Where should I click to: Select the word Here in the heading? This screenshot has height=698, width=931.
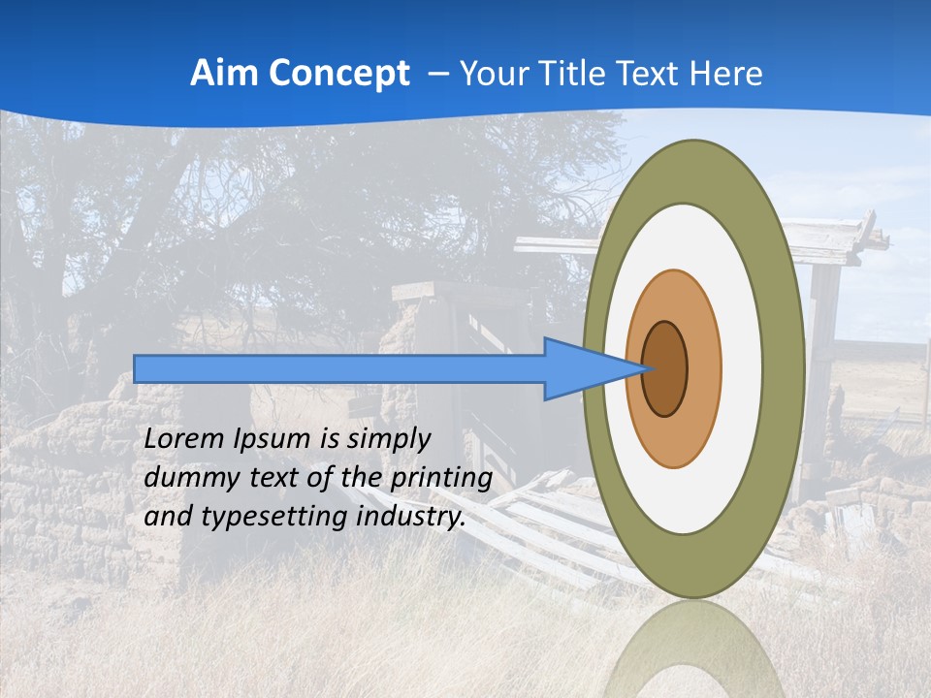[x=726, y=74]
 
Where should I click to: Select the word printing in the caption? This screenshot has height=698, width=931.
[x=442, y=480]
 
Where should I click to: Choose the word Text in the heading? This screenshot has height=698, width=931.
[x=657, y=74]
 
